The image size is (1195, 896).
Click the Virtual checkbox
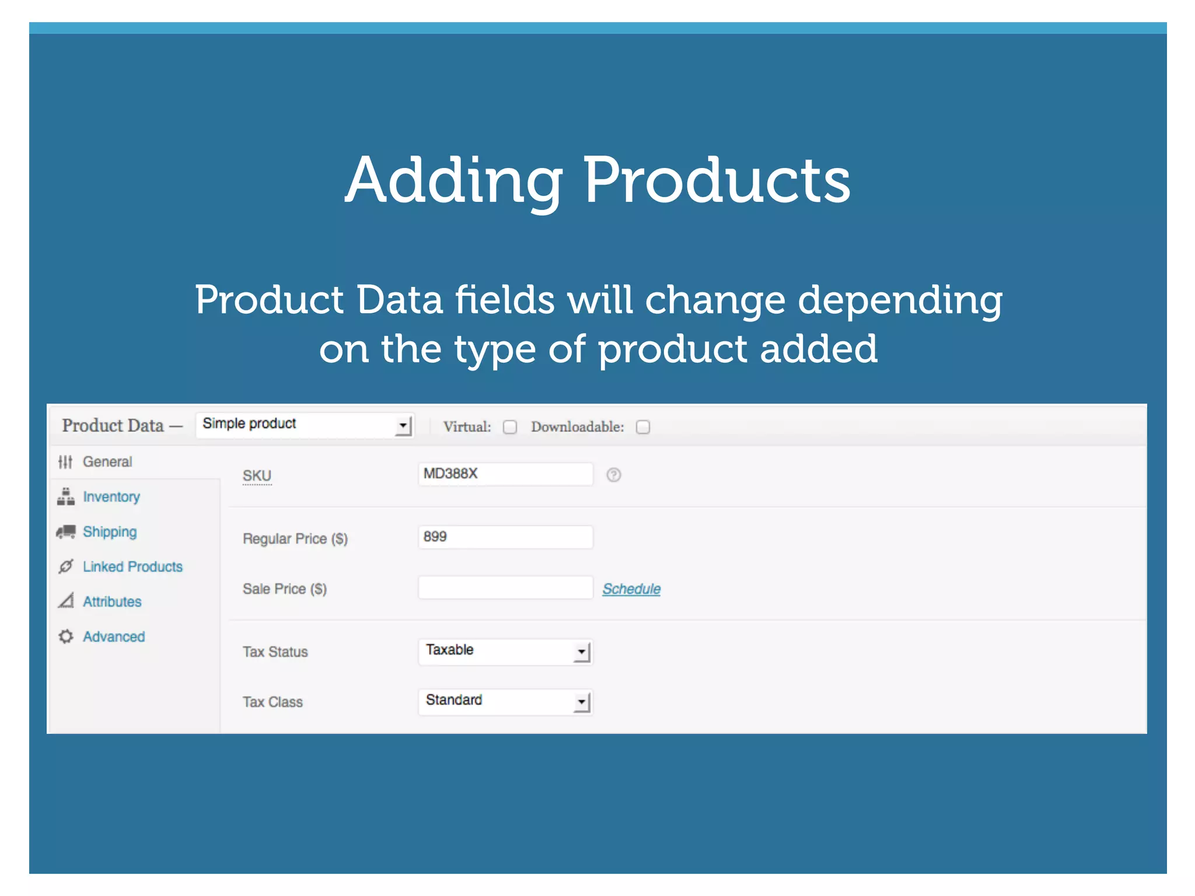[510, 427]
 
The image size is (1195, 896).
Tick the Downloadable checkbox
[642, 427]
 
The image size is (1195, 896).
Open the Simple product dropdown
[305, 425]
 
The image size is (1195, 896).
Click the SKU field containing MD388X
[505, 474]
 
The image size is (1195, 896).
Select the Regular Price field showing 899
[505, 537]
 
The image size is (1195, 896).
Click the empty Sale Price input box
[505, 587]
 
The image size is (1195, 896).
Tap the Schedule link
[631, 589]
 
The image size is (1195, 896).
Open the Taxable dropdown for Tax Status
[505, 651]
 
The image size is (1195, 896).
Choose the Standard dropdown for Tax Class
[505, 701]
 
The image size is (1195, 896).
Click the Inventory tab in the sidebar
[111, 497]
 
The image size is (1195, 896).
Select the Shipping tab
[110, 532]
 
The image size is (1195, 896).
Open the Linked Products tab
[132, 567]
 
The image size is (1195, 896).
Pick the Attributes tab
[112, 602]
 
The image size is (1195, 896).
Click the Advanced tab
[114, 637]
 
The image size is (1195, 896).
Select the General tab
[107, 462]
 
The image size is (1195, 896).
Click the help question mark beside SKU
[613, 475]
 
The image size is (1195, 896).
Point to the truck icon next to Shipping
[66, 531]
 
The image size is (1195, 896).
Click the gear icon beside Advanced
[66, 636]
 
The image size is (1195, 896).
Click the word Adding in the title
[453, 181]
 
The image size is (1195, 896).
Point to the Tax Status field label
[275, 652]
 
